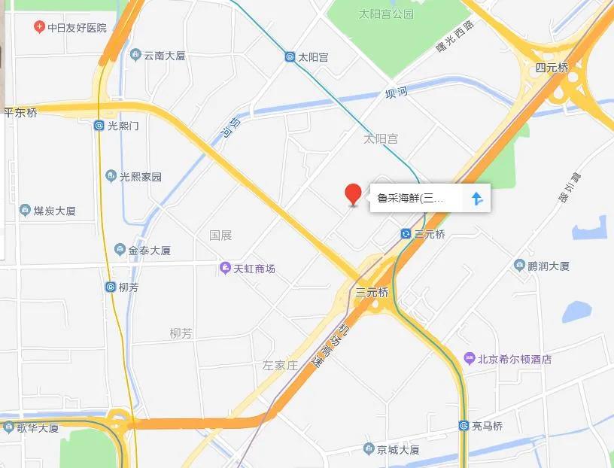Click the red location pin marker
click(352, 193)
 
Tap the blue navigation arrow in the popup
click(476, 199)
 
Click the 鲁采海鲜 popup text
click(411, 199)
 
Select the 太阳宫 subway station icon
click(290, 57)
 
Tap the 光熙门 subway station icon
click(99, 126)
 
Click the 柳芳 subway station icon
click(110, 287)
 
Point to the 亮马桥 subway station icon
click(464, 427)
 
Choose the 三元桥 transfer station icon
click(406, 234)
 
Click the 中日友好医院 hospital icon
click(38, 28)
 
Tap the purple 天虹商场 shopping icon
click(224, 269)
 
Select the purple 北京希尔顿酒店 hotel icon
click(469, 359)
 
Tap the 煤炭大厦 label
click(55, 211)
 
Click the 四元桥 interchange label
click(552, 68)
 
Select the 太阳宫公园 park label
click(386, 14)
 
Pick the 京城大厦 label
click(398, 450)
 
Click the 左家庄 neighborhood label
click(280, 366)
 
